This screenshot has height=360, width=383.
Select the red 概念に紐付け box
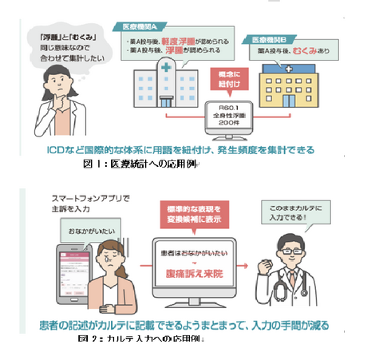[x=230, y=80]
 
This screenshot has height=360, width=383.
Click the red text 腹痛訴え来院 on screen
[x=196, y=271]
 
